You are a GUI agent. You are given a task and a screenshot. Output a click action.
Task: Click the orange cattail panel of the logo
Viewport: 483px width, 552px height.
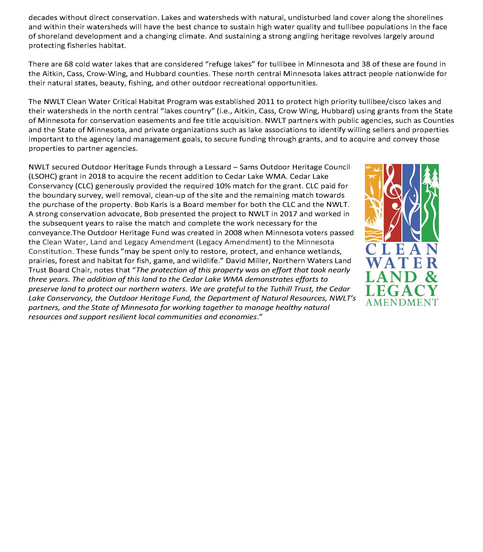(x=373, y=203)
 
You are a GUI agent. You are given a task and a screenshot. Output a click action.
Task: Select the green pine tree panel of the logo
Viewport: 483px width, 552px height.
(x=430, y=203)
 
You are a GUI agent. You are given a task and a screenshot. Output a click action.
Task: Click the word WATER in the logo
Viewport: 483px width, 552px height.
(x=402, y=263)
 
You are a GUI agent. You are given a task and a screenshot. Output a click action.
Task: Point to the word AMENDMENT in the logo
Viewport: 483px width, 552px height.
(x=402, y=302)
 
